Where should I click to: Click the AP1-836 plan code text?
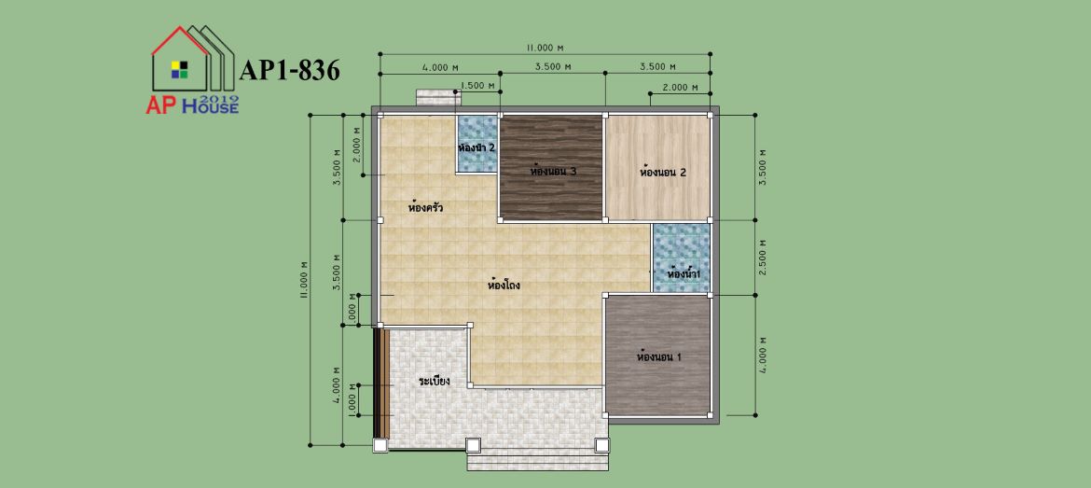(289, 70)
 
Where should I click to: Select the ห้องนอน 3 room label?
(551, 171)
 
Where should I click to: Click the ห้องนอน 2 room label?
(663, 172)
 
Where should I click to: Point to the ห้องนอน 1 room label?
(659, 356)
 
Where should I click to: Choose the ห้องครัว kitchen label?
(426, 207)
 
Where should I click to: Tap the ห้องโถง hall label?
(504, 285)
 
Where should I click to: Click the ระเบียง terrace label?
(435, 382)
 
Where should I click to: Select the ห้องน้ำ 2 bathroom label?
(476, 147)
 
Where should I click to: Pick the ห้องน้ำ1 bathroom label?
(683, 274)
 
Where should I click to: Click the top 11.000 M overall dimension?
(545, 48)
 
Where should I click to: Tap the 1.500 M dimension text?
(477, 86)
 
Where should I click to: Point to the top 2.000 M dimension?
(680, 87)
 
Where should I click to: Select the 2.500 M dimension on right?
(764, 258)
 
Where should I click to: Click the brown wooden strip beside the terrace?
(381, 383)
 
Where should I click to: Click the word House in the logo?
(210, 106)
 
